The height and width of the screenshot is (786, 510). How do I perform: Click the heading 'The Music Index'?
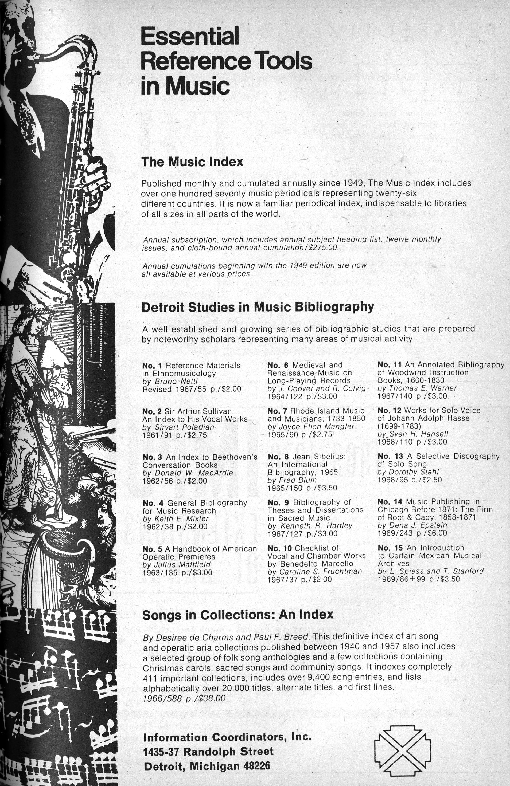(x=192, y=162)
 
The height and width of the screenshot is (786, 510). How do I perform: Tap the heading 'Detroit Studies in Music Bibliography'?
(x=258, y=307)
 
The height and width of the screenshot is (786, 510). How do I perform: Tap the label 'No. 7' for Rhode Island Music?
(x=277, y=411)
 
